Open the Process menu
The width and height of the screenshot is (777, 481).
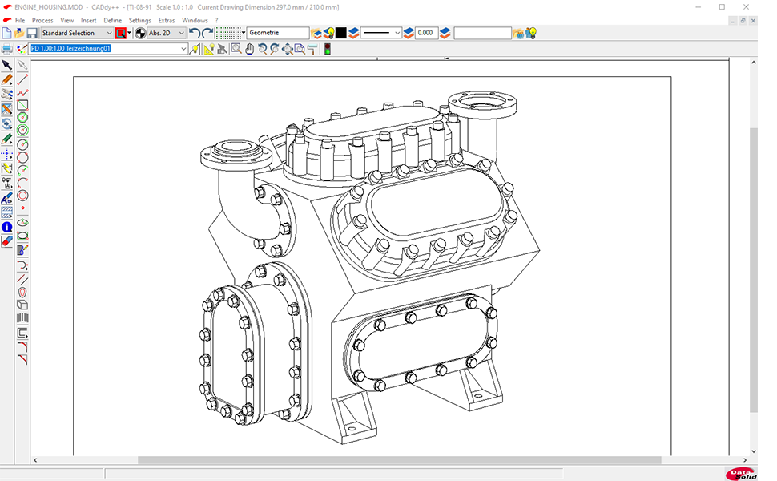[42, 20]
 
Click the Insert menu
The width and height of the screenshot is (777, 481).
[88, 20]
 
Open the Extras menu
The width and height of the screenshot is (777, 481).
[167, 20]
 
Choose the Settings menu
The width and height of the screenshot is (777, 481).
[139, 20]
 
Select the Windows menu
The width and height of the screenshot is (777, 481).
[195, 20]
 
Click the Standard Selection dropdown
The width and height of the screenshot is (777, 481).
[77, 33]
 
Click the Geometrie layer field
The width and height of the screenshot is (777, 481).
[277, 33]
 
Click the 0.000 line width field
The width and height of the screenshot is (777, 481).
[425, 33]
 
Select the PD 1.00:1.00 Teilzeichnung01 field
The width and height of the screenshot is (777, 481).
[108, 49]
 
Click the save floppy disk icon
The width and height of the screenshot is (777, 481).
[32, 33]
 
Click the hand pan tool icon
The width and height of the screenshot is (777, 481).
[249, 49]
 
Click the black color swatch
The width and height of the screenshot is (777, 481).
[340, 33]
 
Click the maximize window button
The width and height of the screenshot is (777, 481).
[722, 7]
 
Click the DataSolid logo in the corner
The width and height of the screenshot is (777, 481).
[741, 474]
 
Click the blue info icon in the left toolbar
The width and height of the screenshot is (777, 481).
[6, 227]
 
